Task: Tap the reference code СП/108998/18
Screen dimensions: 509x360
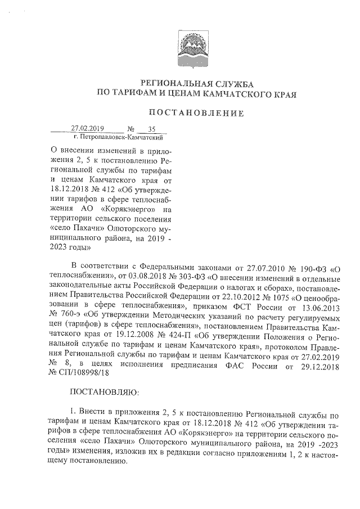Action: [x=84, y=370]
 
